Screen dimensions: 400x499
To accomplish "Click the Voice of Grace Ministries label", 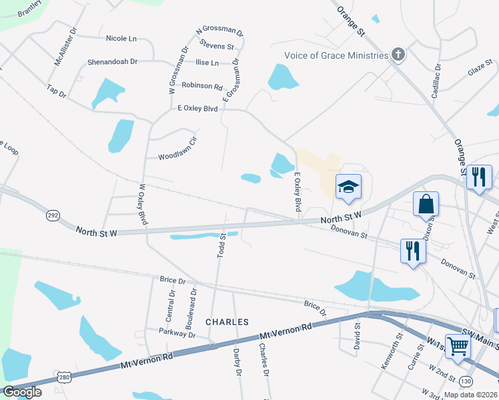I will pyautogui.click(x=336, y=55).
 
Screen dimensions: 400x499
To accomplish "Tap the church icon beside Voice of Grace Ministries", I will pyautogui.click(x=398, y=55).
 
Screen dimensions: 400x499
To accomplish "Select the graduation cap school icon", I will pyautogui.click(x=348, y=186).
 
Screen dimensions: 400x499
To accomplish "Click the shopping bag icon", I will pyautogui.click(x=426, y=203).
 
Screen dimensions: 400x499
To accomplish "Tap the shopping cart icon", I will pyautogui.click(x=458, y=345).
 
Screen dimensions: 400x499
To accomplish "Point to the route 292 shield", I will pyautogui.click(x=53, y=216).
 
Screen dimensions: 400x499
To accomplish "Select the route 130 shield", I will pyautogui.click(x=485, y=381).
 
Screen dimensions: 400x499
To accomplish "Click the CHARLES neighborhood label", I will pyautogui.click(x=227, y=322).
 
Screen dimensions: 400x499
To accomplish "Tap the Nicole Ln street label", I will pyautogui.click(x=121, y=38).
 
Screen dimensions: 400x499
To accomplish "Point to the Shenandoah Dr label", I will pyautogui.click(x=112, y=62).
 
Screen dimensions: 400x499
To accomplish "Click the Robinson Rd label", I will pyautogui.click(x=201, y=86).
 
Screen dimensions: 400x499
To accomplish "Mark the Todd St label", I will pyautogui.click(x=221, y=245).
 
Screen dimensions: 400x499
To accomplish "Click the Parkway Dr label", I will pyautogui.click(x=177, y=332).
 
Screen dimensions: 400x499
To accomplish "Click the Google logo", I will pyautogui.click(x=22, y=392).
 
